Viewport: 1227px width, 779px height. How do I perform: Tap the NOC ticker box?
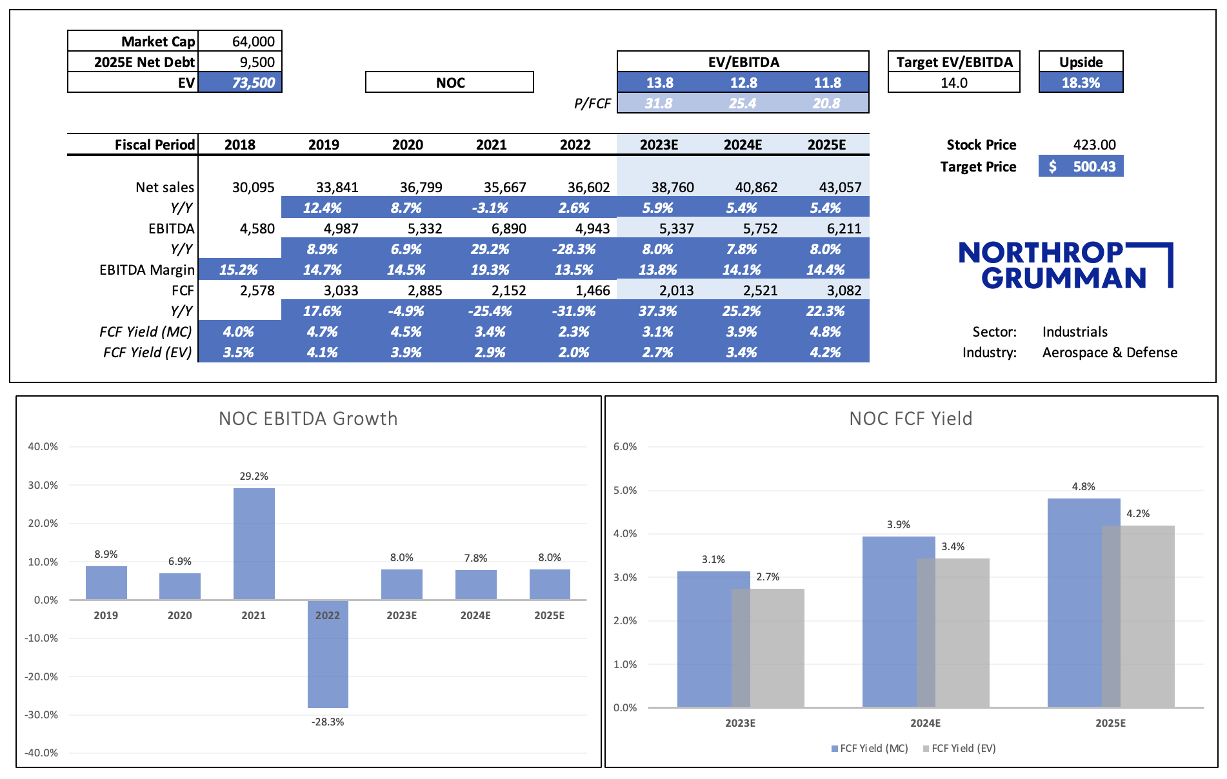coord(450,83)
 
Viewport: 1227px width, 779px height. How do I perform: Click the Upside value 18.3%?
coord(1081,83)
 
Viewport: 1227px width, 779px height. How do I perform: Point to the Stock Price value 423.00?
coord(1094,144)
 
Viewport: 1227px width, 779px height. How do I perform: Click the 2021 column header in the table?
coord(491,144)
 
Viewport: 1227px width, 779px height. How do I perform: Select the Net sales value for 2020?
coord(421,187)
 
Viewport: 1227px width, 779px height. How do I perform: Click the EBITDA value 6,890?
coord(508,228)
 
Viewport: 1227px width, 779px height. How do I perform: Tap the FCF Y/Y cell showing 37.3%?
coord(657,311)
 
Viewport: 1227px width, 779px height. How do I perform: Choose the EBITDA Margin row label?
coord(146,270)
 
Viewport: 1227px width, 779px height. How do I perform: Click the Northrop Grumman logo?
coord(1064,265)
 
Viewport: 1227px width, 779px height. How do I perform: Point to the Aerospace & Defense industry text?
coord(1110,352)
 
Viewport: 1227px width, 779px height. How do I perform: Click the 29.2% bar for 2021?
coord(254,544)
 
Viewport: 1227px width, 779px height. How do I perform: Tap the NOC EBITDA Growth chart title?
coord(308,419)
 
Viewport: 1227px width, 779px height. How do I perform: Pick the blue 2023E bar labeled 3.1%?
coord(704,638)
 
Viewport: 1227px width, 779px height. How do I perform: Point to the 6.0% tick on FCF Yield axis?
coord(624,446)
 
